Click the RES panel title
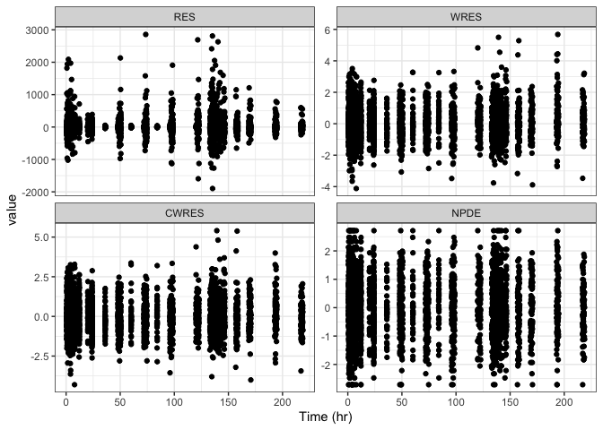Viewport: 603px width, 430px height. tap(185, 16)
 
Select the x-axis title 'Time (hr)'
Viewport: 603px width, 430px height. tap(325, 417)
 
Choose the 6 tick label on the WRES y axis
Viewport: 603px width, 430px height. tap(331, 30)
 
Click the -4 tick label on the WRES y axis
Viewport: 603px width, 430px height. tap(328, 186)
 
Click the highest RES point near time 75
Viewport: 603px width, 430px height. tap(145, 35)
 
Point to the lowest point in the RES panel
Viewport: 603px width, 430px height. tap(213, 188)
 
